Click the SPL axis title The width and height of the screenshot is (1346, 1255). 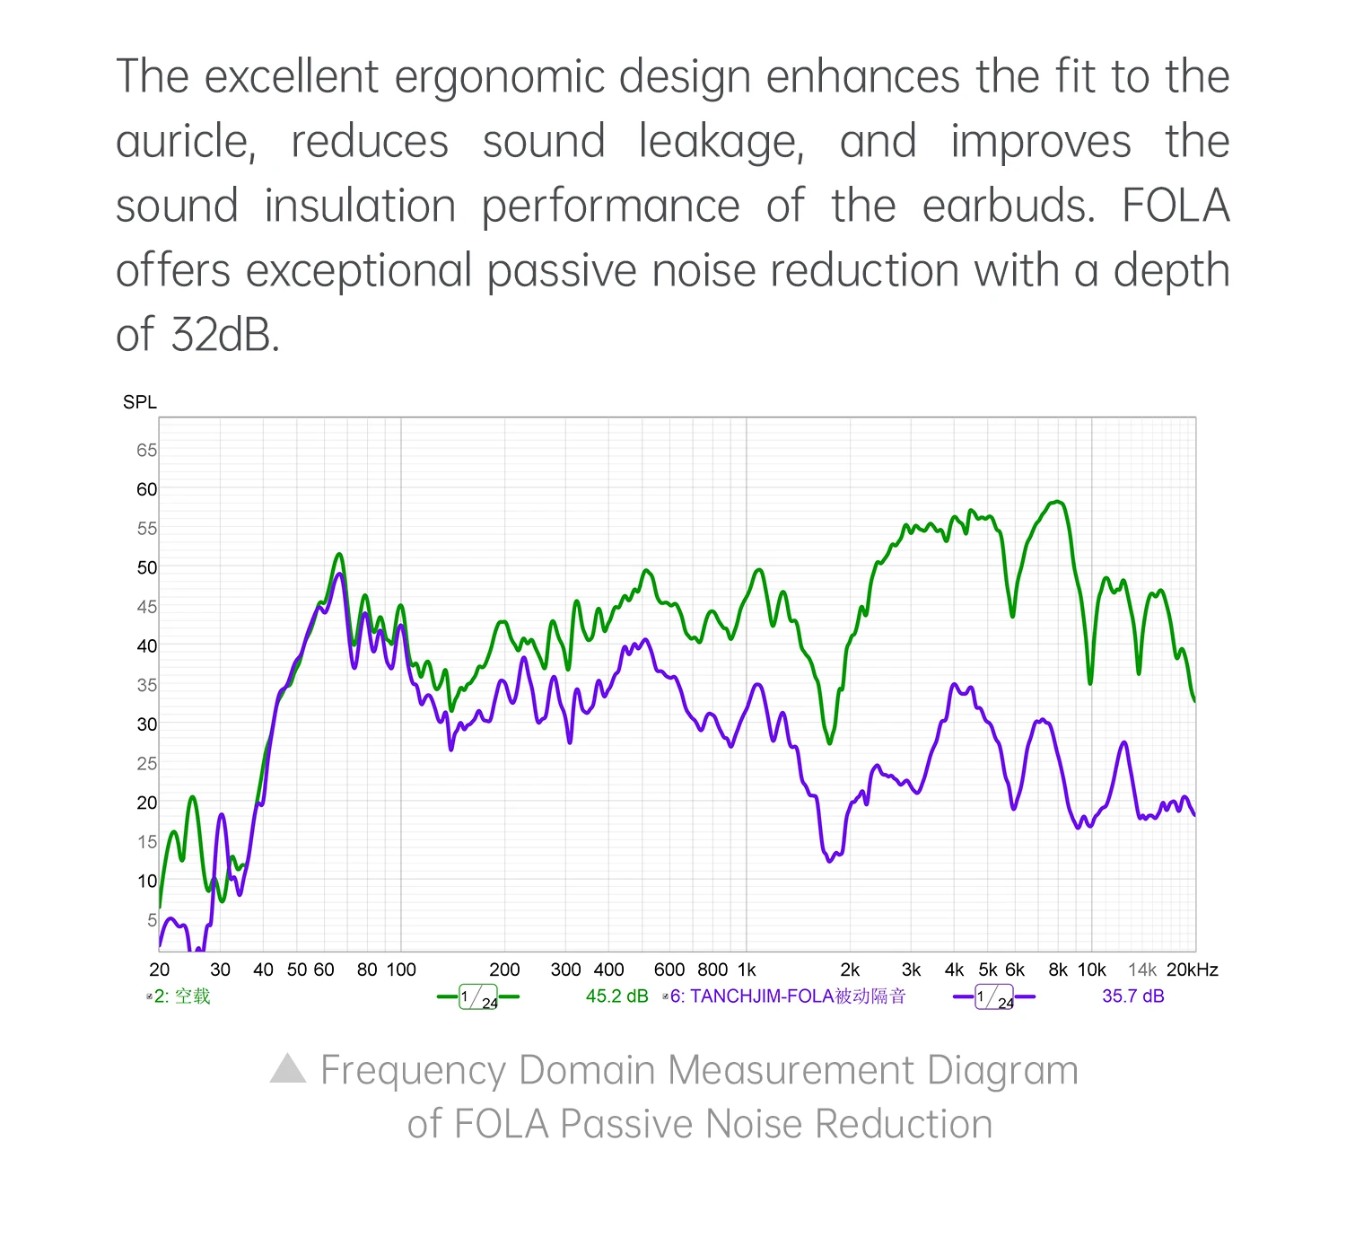click(139, 402)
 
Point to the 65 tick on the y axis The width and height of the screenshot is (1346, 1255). click(146, 450)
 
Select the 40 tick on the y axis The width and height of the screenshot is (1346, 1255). click(146, 645)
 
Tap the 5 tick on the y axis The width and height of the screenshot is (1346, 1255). click(152, 919)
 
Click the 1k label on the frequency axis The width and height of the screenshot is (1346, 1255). click(747, 970)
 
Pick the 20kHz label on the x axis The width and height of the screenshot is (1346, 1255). click(1192, 970)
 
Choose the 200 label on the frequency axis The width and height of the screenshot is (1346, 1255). click(504, 970)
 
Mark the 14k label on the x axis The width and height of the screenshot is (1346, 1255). click(1141, 970)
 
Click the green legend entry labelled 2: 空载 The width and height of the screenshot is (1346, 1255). click(182, 996)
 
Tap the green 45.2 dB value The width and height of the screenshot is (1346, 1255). click(616, 996)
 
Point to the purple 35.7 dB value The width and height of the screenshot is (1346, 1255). click(1132, 996)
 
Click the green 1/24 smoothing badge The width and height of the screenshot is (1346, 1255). click(477, 997)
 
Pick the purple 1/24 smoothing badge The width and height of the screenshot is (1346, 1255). click(993, 997)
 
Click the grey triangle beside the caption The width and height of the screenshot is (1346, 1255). click(288, 1068)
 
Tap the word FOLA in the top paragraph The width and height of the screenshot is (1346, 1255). click(1175, 206)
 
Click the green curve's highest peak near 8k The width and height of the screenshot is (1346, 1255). click(1058, 502)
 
